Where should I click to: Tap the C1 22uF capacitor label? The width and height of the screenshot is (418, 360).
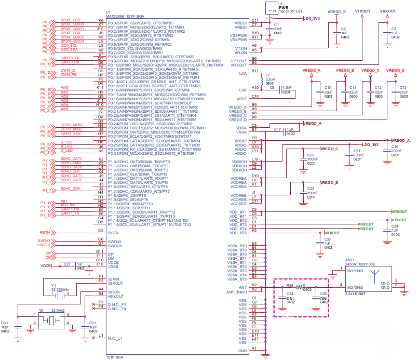pyautogui.click(x=277, y=24)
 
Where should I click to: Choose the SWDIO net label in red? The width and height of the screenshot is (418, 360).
pyautogui.click(x=44, y=241)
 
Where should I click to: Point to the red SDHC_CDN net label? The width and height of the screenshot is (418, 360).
pyautogui.click(x=70, y=188)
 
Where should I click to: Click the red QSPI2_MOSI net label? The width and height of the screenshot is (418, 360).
pyautogui.click(x=71, y=125)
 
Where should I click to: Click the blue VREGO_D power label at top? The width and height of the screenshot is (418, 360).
pyautogui.click(x=337, y=11)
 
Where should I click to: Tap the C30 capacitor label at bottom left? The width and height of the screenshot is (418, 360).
pyautogui.click(x=5, y=323)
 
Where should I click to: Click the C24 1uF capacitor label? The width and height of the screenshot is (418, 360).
pyautogui.click(x=395, y=226)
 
